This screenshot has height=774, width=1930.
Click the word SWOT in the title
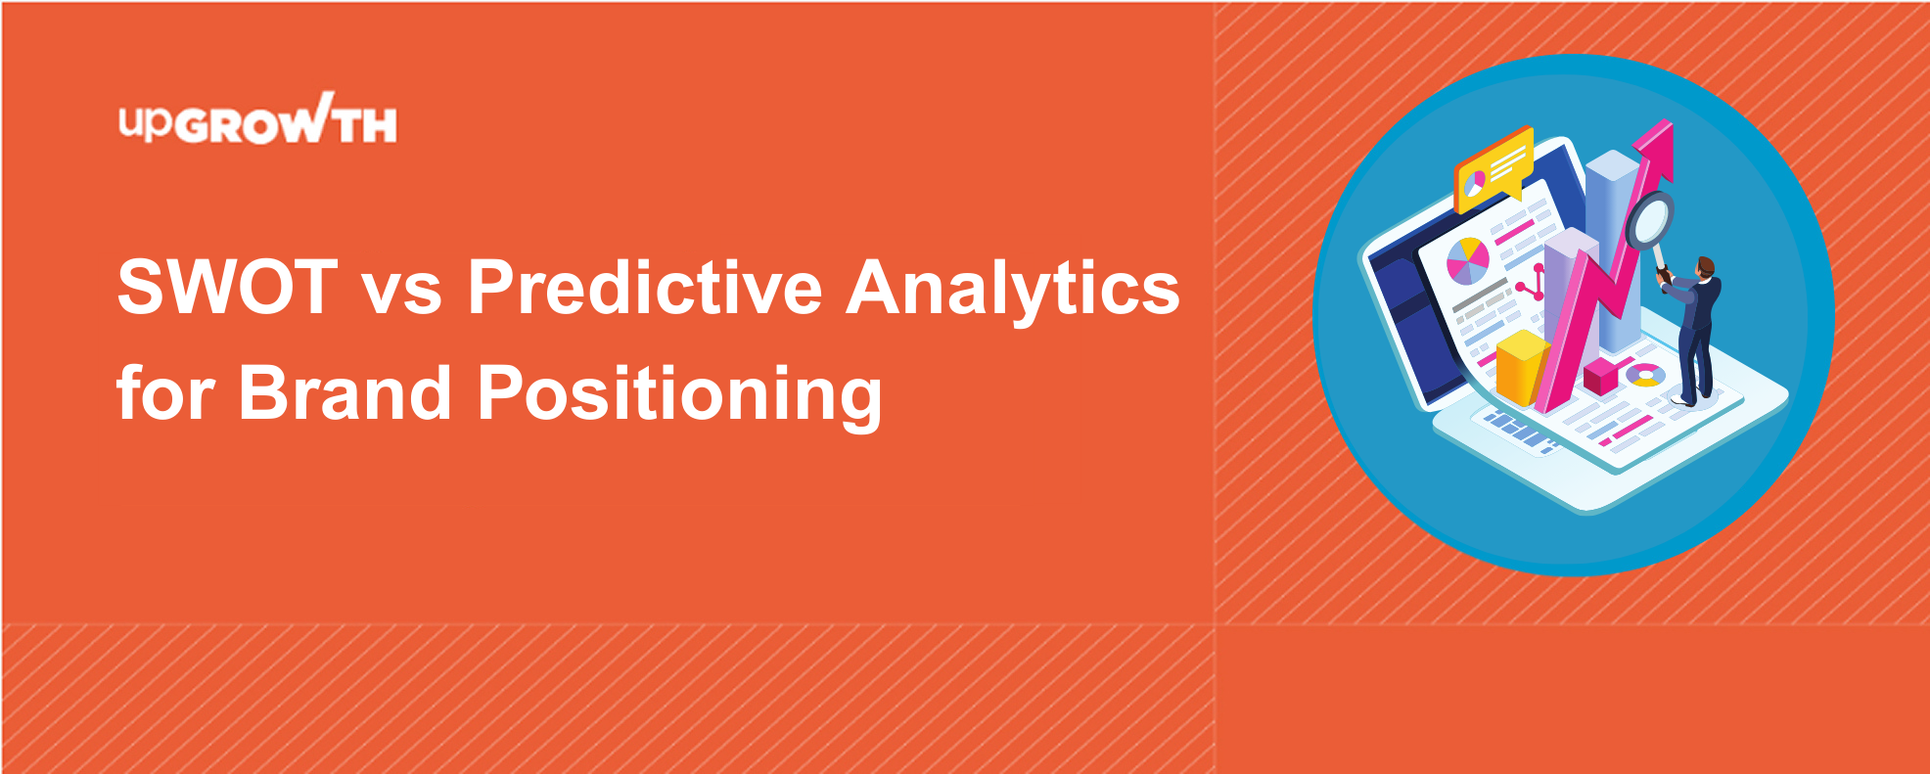pos(228,288)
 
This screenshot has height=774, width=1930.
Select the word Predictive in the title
pos(645,287)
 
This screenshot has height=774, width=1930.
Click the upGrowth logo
pos(258,119)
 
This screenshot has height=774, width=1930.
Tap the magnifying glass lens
pos(1651,220)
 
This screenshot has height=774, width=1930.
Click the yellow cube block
pos(1521,368)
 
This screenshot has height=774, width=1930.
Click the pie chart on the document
pos(1467,261)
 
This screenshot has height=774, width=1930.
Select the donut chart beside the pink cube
pos(1645,375)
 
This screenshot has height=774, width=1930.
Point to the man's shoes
pos(1689,397)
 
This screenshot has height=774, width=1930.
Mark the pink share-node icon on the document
pos(1531,284)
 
